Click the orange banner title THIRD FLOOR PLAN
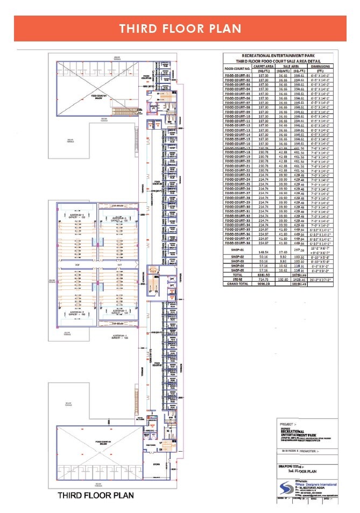click(180, 28)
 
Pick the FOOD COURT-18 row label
click(238, 153)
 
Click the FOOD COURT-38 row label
click(238, 243)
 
